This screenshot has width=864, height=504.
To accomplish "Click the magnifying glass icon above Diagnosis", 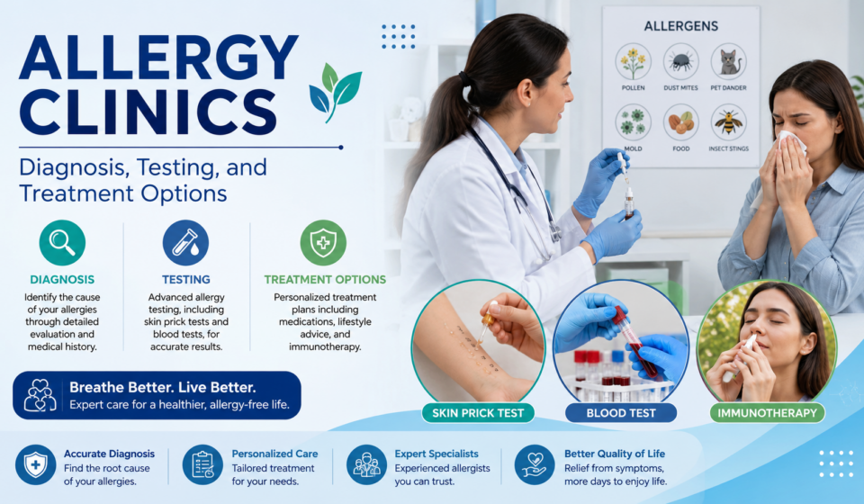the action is coord(62,242).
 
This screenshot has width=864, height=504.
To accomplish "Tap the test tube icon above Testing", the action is coord(185,242).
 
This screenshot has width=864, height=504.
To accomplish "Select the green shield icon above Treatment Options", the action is coord(323,242).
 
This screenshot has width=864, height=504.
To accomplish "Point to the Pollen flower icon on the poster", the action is coord(633,62).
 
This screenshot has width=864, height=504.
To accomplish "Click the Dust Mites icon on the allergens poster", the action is coord(681,62).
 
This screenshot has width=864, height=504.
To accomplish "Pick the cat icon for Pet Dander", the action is coord(729,62).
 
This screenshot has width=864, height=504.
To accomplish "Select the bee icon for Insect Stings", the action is coord(729,122).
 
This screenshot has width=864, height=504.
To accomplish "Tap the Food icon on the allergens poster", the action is coord(681,122).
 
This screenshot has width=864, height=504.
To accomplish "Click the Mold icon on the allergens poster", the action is coord(633,122).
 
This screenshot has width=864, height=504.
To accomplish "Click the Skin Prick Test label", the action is coord(478,413).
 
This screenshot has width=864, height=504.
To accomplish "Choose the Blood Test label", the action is coord(621,413).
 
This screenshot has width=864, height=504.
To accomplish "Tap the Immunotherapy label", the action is coord(767,413).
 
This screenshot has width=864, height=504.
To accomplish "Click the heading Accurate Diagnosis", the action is coord(109,454).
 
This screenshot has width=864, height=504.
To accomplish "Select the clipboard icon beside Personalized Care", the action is coord(202,465).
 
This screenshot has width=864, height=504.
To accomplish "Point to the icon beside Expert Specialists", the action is coord(366,465).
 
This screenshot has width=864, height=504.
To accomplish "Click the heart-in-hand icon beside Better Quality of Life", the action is coord(535,465).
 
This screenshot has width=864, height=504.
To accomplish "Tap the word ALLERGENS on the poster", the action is coord(681,26).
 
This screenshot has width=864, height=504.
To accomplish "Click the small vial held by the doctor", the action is coord(629,203).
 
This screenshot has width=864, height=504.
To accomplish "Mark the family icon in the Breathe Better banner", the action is coord(40,395).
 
